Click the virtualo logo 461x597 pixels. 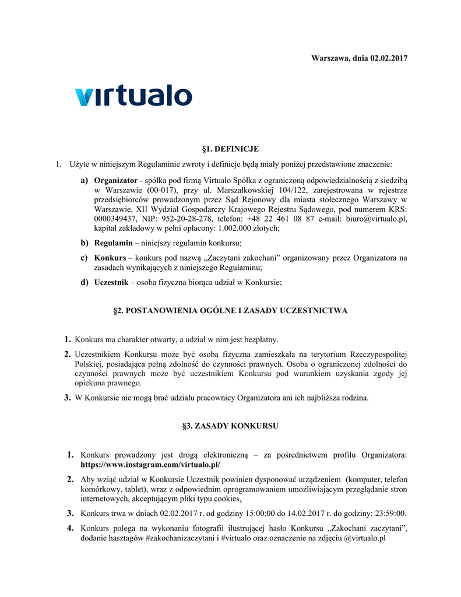[133, 96]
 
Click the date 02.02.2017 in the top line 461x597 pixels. [388, 58]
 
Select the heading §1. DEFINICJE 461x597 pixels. [230, 149]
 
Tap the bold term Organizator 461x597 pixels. [116, 180]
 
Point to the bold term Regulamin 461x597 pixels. [113, 243]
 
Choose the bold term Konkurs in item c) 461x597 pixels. [110, 258]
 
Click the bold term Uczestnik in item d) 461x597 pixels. [111, 283]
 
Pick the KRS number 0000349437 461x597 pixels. [116, 219]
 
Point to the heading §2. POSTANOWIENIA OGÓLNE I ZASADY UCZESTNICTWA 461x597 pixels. [230, 311]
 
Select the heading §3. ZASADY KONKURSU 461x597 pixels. [230, 426]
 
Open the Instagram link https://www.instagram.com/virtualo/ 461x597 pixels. [150, 465]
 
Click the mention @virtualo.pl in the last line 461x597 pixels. [361, 538]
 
